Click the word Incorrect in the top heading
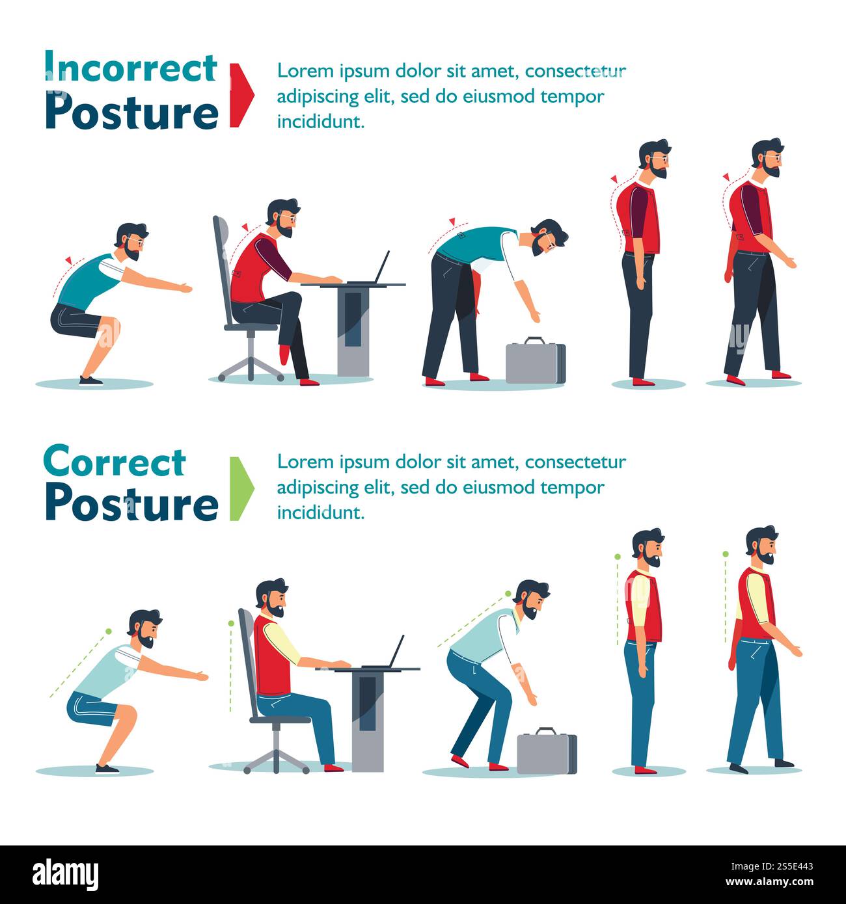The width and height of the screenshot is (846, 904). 130,68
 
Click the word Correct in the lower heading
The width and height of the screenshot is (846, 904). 115,462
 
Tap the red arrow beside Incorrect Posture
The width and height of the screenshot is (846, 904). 240,95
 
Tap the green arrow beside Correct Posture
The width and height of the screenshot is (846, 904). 240,488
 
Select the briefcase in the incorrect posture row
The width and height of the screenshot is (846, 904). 535,362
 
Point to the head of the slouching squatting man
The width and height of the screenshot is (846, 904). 132,241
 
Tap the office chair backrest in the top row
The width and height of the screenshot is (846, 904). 222,260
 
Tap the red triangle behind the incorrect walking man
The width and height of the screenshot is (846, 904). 725,176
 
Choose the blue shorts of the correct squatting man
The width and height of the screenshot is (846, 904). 91,708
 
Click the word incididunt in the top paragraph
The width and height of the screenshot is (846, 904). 320,122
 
